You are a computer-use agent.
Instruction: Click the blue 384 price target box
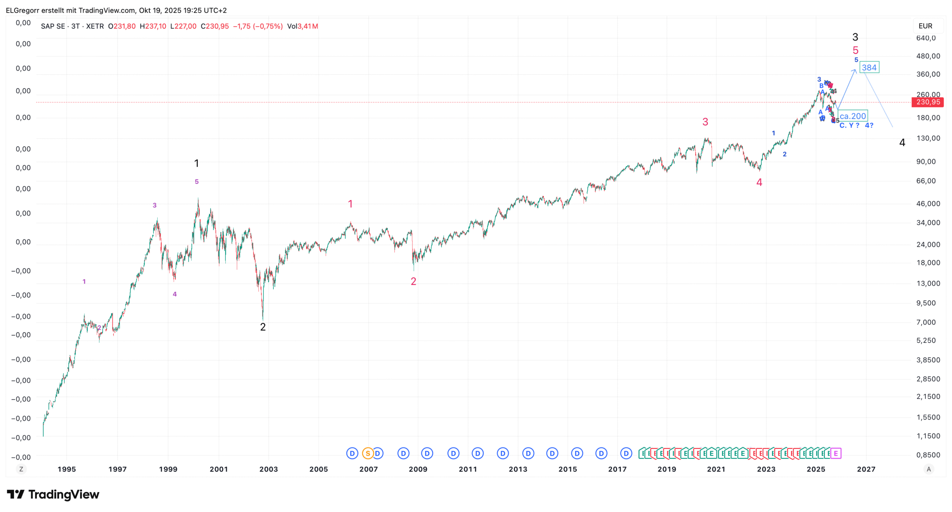click(869, 67)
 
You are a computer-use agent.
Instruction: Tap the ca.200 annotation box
click(853, 116)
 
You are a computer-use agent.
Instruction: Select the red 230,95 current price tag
click(928, 102)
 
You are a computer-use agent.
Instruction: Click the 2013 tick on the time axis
click(518, 469)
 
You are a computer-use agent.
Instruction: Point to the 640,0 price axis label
click(926, 38)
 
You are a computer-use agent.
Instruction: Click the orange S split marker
click(367, 453)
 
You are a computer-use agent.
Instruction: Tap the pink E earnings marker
click(835, 453)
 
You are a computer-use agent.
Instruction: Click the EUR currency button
click(925, 26)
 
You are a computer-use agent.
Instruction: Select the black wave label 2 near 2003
click(263, 327)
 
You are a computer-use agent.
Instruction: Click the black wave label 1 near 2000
click(196, 163)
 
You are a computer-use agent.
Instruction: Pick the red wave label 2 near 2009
click(414, 281)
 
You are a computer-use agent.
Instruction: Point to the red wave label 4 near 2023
click(759, 182)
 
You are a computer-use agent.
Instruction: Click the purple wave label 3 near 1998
click(155, 205)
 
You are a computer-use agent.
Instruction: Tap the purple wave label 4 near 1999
click(175, 294)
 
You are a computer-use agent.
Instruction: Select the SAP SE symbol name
click(53, 26)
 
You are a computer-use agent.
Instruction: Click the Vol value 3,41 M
click(308, 26)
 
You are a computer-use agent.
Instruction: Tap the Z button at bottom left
click(21, 469)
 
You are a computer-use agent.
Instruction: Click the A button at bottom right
click(929, 469)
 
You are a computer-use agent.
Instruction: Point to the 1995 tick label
click(67, 469)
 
